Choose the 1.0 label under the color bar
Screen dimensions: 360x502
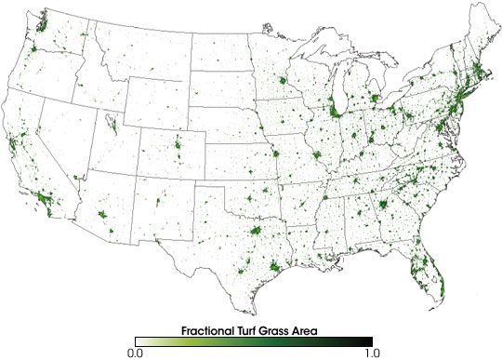point(370,353)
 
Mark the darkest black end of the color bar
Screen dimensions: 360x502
point(369,341)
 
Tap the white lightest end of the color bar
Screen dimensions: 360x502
point(138,341)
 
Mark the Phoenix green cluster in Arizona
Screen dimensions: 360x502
point(104,220)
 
